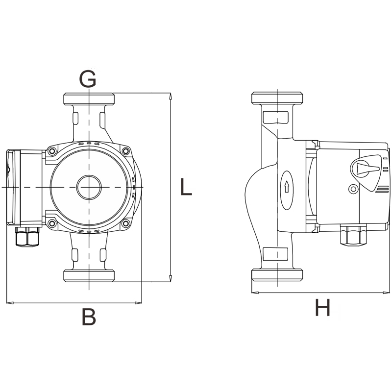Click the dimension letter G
tap(88, 78)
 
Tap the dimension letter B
tap(89, 317)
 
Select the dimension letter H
tap(323, 307)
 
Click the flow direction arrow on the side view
tap(287, 187)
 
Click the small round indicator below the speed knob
tap(353, 189)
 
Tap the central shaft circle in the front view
tap(89, 187)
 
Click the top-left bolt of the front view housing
tap(52, 151)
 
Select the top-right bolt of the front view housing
tap(126, 151)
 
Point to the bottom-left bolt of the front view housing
tap(52, 223)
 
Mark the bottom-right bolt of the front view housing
tap(126, 223)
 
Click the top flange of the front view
tap(89, 99)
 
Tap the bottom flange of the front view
tap(89, 275)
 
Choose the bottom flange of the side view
tap(277, 275)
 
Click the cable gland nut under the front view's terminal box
tap(27, 237)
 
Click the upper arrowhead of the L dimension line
tap(171, 96)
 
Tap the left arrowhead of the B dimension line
tap(10, 303)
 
